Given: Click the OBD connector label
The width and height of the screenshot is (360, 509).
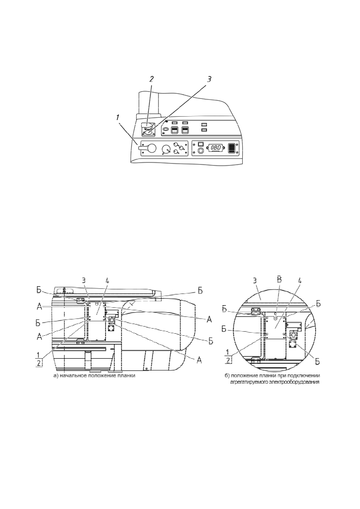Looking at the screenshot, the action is (x=216, y=147).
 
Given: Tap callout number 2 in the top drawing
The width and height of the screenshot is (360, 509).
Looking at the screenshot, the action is (x=151, y=78).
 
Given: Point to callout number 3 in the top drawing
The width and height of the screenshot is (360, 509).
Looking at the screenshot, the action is (x=209, y=79).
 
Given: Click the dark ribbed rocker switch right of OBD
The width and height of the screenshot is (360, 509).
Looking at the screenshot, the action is (x=232, y=148).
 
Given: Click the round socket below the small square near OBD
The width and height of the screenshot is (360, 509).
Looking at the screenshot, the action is (x=200, y=150).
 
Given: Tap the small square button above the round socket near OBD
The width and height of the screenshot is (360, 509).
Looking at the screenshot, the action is (x=200, y=143).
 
